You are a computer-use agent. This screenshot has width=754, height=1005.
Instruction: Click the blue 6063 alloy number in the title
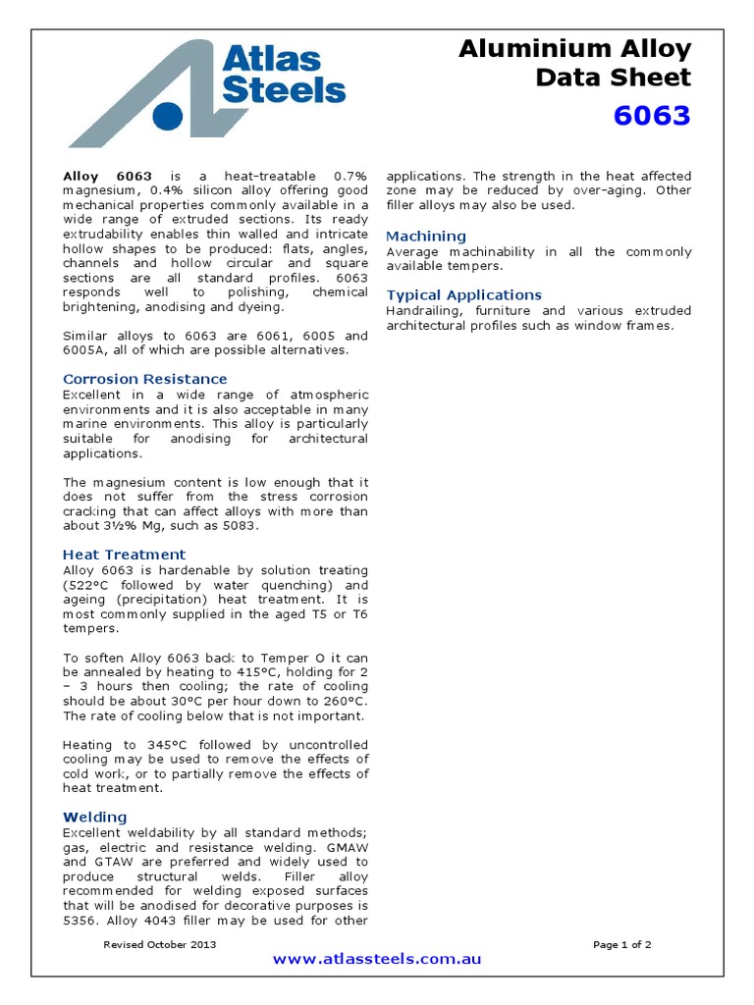(x=652, y=116)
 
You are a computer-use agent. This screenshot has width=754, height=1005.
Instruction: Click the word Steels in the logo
(x=283, y=91)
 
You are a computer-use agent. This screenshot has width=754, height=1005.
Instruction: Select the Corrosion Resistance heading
(x=144, y=379)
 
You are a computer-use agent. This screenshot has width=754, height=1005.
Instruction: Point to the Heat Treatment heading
(x=124, y=555)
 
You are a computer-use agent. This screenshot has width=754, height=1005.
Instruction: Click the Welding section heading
(x=95, y=817)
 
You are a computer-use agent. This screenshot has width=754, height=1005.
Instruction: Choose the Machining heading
(x=426, y=237)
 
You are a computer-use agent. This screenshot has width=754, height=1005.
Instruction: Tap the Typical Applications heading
(x=463, y=295)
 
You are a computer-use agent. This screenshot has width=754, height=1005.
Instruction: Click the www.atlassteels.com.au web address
(x=377, y=959)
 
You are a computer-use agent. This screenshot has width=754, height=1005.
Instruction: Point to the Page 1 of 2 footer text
(x=622, y=944)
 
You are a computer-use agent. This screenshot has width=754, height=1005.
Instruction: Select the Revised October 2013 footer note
(x=160, y=944)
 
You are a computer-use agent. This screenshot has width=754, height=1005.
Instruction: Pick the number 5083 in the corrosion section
(x=242, y=526)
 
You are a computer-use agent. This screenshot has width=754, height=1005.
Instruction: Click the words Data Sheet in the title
(x=613, y=78)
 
